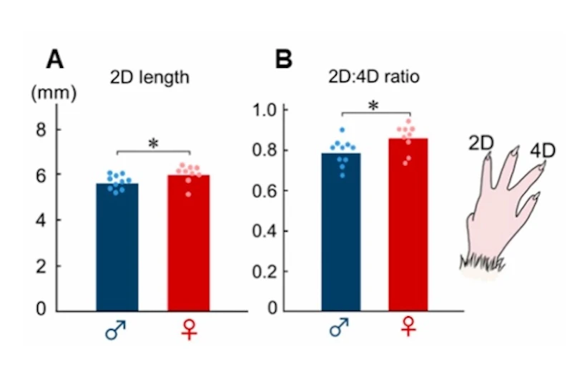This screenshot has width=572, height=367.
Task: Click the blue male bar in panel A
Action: [x=117, y=247]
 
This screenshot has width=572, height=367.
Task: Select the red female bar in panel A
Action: [x=189, y=243]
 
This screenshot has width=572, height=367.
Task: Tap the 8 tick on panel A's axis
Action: [x=41, y=129]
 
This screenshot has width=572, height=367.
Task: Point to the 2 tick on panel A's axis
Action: [x=41, y=266]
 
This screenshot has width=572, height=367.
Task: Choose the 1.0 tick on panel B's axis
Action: [x=267, y=110]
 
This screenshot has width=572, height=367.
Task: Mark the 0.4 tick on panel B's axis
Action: [x=267, y=231]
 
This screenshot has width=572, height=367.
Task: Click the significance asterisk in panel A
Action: [x=153, y=142]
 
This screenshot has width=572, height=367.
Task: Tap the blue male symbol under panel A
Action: [x=115, y=331]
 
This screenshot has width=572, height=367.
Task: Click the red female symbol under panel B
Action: [x=408, y=329]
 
